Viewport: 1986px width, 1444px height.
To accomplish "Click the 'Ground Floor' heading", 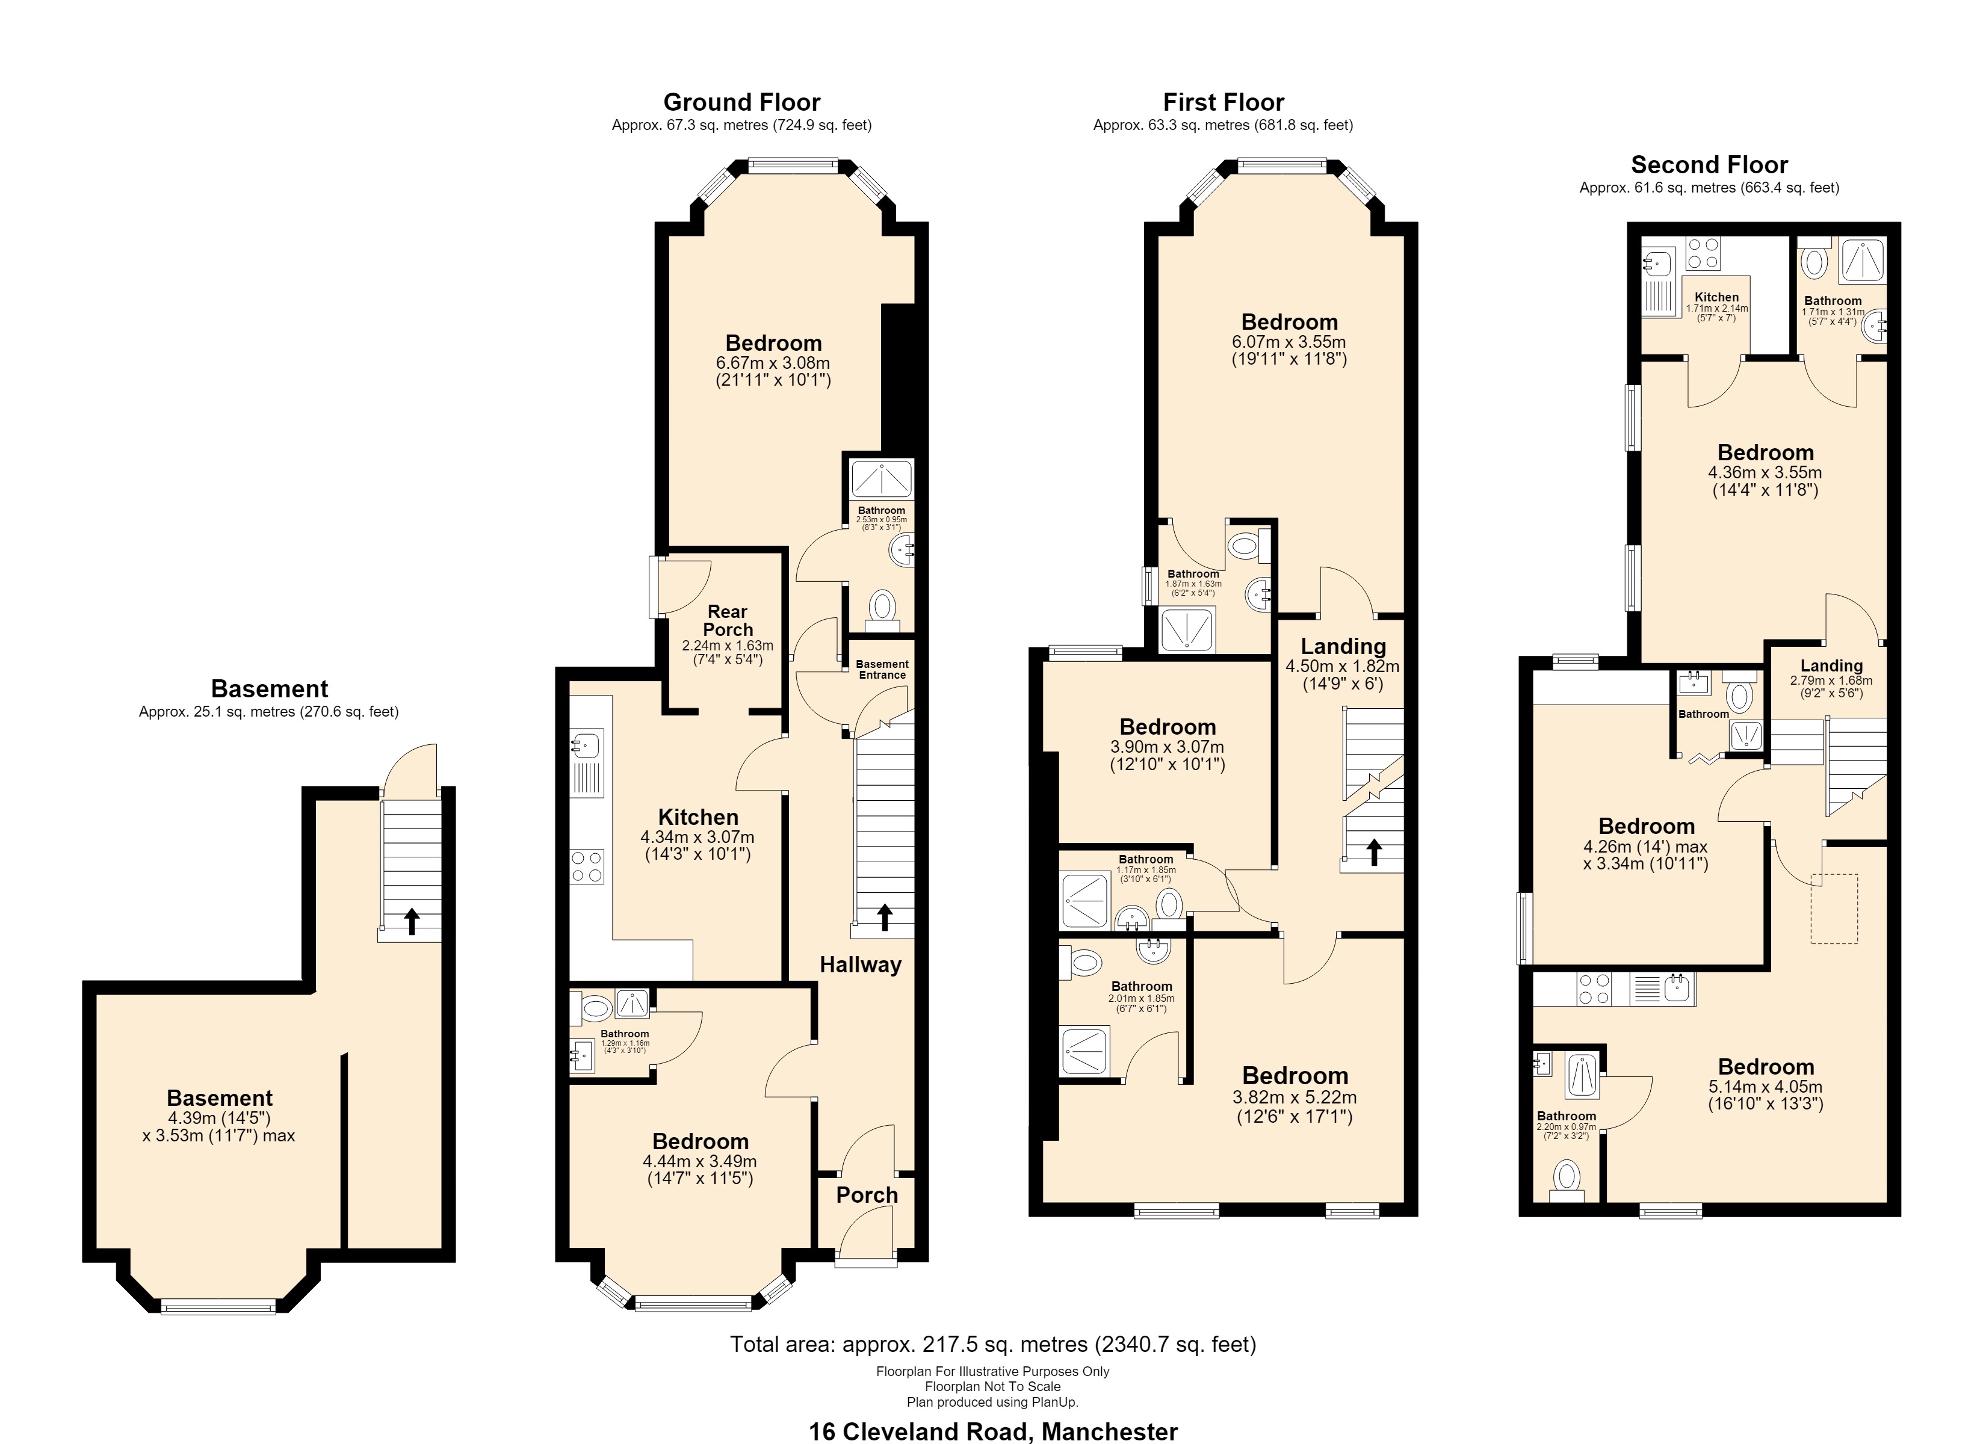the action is coord(741,102).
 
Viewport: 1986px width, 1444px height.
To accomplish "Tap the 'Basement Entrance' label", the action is coord(882,669).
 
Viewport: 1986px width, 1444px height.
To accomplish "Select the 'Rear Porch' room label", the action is coord(728,620).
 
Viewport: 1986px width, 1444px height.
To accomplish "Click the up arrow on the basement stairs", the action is coord(410,921).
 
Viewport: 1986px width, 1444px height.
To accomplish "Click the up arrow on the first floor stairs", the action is coord(1374,852).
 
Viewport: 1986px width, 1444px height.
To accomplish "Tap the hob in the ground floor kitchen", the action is coord(587,866).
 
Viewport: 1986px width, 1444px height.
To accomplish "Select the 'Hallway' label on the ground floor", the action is coord(860,965).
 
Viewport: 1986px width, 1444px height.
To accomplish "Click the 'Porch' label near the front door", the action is coord(867,1196).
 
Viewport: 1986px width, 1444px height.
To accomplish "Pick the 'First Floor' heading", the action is coord(1223,102).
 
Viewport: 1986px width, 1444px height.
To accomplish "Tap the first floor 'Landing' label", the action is coord(1343,646).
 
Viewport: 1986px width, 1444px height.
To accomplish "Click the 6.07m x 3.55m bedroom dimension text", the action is coord(1289,342).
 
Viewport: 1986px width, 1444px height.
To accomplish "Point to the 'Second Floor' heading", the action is coord(1709,165).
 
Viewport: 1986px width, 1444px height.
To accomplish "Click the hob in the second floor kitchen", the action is coord(1703,253).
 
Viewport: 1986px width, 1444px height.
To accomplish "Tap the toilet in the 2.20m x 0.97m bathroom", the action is coord(1566,1179).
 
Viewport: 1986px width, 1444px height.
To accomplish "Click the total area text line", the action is coord(993,1344).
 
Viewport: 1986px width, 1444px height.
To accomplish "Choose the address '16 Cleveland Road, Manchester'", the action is coord(993,1431).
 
